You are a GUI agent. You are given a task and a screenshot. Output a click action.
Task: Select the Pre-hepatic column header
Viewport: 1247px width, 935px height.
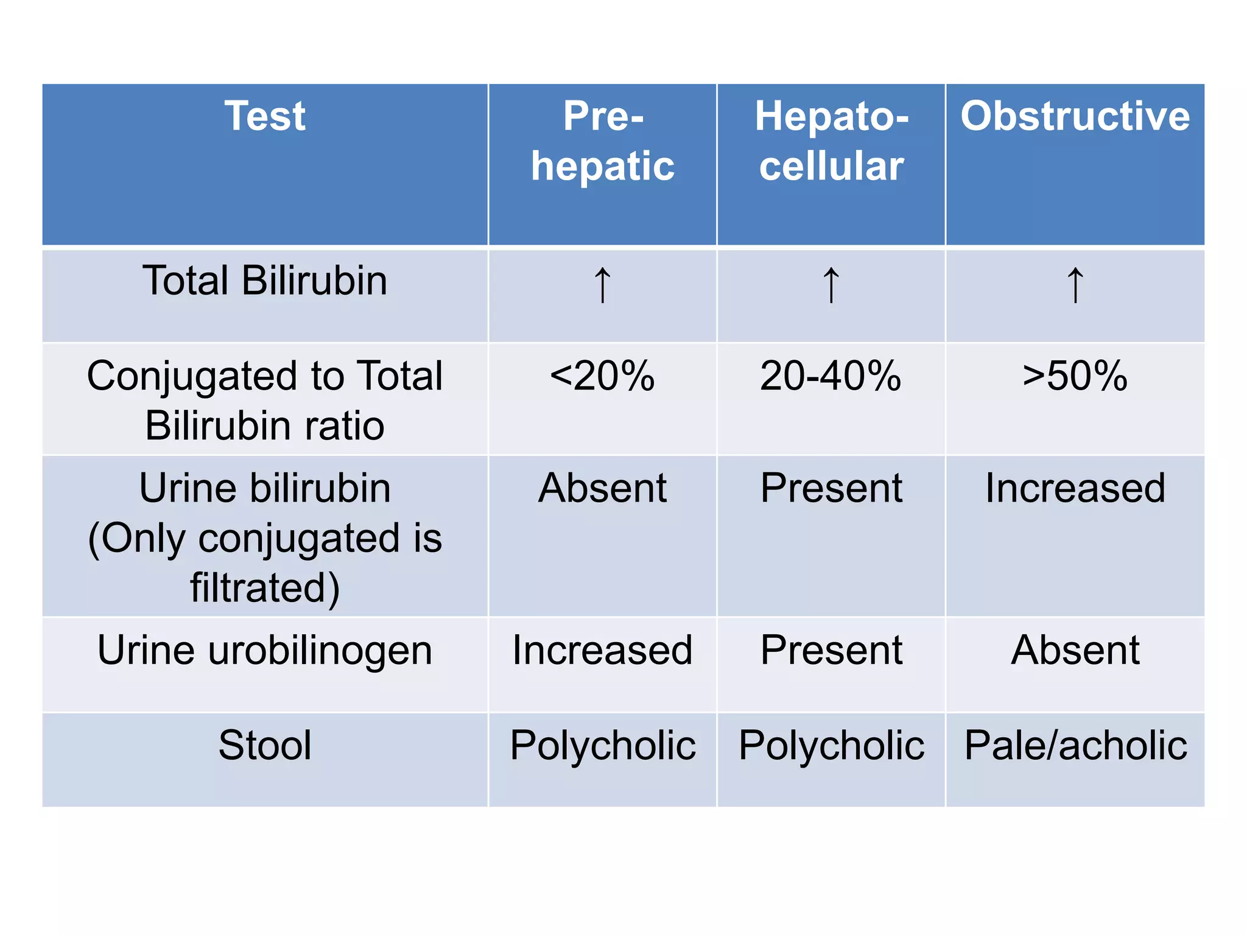click(602, 141)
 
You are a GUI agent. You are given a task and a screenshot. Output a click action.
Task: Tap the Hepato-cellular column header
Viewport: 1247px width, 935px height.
click(831, 141)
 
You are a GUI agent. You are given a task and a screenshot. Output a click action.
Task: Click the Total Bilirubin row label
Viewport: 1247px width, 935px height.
click(265, 281)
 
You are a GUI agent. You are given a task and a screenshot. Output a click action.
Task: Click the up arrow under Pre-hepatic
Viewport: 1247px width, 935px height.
click(602, 285)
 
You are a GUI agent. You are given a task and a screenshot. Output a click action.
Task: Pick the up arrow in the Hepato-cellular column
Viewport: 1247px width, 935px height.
click(831, 285)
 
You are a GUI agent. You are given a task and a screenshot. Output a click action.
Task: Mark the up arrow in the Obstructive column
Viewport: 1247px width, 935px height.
click(1075, 285)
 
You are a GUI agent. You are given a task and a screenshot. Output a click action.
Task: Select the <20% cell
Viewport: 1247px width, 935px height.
click(602, 376)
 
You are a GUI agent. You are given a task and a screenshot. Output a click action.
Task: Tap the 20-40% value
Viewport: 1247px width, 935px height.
click(831, 376)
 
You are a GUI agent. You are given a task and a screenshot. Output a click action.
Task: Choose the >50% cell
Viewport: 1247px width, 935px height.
click(1075, 376)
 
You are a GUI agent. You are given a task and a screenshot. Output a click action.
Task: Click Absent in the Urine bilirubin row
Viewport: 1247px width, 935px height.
click(602, 488)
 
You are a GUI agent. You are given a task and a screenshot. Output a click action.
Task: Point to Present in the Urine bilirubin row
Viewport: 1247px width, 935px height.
click(831, 488)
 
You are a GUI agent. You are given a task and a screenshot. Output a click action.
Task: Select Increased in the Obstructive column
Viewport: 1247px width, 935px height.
click(1075, 488)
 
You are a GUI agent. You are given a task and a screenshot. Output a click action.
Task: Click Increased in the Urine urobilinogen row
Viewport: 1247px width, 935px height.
click(602, 650)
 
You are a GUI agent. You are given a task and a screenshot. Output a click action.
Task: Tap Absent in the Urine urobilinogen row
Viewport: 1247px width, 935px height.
click(1075, 650)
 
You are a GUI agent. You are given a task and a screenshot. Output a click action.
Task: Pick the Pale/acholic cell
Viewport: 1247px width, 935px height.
click(1075, 745)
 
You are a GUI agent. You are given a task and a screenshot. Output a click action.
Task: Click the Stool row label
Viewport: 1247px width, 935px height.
click(265, 745)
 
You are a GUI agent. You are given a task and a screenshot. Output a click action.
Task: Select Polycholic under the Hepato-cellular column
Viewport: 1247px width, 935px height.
click(831, 745)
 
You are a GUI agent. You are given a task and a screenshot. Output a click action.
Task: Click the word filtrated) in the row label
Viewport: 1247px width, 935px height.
click(265, 588)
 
